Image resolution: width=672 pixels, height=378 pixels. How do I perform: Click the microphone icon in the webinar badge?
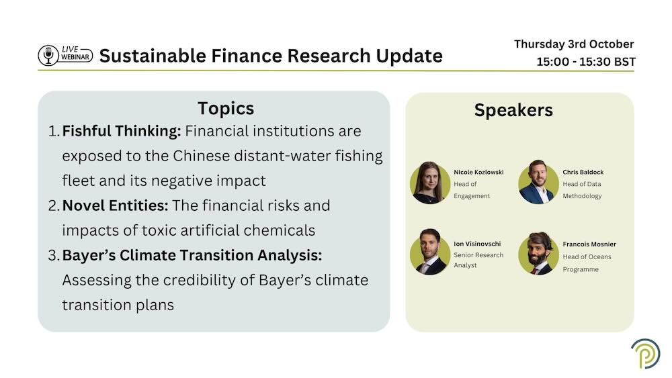click(48, 56)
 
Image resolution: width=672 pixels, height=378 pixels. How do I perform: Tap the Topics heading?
click(226, 109)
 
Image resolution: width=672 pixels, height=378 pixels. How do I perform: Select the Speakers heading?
click(513, 111)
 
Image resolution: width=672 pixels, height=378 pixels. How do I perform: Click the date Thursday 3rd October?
click(574, 44)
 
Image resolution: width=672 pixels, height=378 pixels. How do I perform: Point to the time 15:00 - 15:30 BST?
click(586, 62)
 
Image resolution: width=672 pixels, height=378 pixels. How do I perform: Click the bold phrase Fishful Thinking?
click(121, 131)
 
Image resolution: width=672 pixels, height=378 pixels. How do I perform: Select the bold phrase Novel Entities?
click(115, 205)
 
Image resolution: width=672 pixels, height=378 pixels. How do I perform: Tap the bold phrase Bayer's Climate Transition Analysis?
click(192, 255)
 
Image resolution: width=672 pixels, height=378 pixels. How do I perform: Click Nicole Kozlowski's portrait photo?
click(430, 183)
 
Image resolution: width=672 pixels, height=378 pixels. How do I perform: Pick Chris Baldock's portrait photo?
click(538, 182)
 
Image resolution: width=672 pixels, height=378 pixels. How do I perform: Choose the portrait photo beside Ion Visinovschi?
click(430, 252)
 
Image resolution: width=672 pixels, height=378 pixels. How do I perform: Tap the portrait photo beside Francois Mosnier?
click(538, 254)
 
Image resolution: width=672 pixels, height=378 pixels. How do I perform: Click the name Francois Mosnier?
click(589, 244)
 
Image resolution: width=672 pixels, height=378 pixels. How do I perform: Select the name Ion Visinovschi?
click(477, 244)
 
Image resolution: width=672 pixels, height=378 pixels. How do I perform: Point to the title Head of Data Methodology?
click(582, 190)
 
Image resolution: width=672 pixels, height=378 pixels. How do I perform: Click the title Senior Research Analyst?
click(478, 260)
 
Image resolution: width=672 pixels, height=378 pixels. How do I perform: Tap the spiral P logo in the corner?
click(646, 353)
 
